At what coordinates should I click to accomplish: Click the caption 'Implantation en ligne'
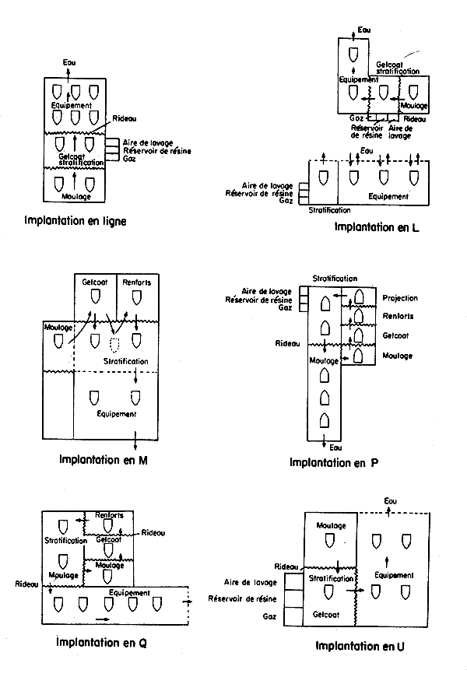point(75,220)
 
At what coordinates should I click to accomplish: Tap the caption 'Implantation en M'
point(103,458)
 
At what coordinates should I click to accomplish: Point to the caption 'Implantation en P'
point(334,462)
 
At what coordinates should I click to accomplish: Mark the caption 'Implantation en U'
point(360,646)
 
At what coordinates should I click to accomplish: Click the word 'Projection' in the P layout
point(400,298)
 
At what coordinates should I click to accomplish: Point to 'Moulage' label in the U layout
point(331,526)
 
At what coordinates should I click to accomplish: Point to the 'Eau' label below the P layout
point(335,447)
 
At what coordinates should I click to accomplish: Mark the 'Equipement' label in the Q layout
point(129,592)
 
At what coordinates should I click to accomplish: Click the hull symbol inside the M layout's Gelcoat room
point(94,296)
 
